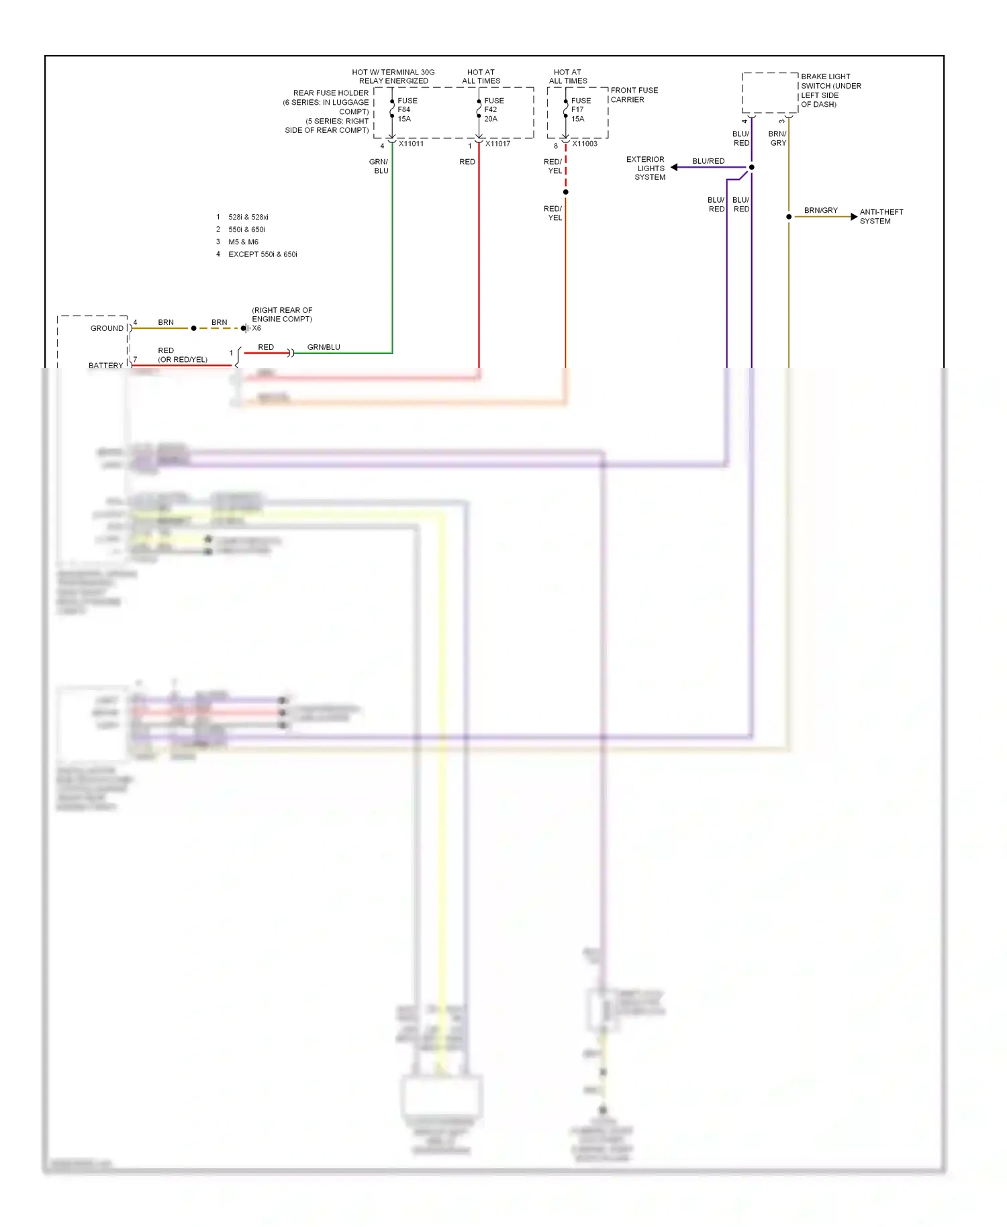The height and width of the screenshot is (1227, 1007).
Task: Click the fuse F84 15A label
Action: click(x=406, y=109)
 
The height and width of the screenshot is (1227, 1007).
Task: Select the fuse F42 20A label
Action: click(x=493, y=109)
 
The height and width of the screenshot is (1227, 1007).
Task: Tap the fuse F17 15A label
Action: click(x=581, y=109)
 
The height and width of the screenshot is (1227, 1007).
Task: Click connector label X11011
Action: click(x=411, y=144)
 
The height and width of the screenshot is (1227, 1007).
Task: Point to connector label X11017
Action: click(x=497, y=144)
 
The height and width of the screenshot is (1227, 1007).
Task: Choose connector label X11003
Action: click(x=585, y=144)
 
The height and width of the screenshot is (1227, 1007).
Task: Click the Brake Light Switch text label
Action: click(x=830, y=90)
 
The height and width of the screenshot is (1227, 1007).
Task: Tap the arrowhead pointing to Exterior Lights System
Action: click(x=674, y=167)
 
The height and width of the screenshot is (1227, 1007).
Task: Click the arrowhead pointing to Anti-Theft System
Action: click(x=854, y=217)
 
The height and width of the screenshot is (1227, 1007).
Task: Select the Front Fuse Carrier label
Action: click(x=634, y=95)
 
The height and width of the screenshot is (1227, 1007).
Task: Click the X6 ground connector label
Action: click(x=256, y=328)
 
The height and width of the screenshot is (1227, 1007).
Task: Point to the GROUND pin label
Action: click(x=107, y=328)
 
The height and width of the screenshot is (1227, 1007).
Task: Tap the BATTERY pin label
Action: click(x=105, y=365)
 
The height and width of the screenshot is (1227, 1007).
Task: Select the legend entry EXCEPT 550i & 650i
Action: click(x=262, y=254)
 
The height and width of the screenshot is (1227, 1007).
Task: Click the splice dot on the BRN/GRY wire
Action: click(x=789, y=217)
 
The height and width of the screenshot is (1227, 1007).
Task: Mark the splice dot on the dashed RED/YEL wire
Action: click(x=566, y=192)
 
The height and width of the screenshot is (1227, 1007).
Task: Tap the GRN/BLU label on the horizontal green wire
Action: click(x=324, y=347)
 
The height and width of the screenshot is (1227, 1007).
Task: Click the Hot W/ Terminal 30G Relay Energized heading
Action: click(x=393, y=77)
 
